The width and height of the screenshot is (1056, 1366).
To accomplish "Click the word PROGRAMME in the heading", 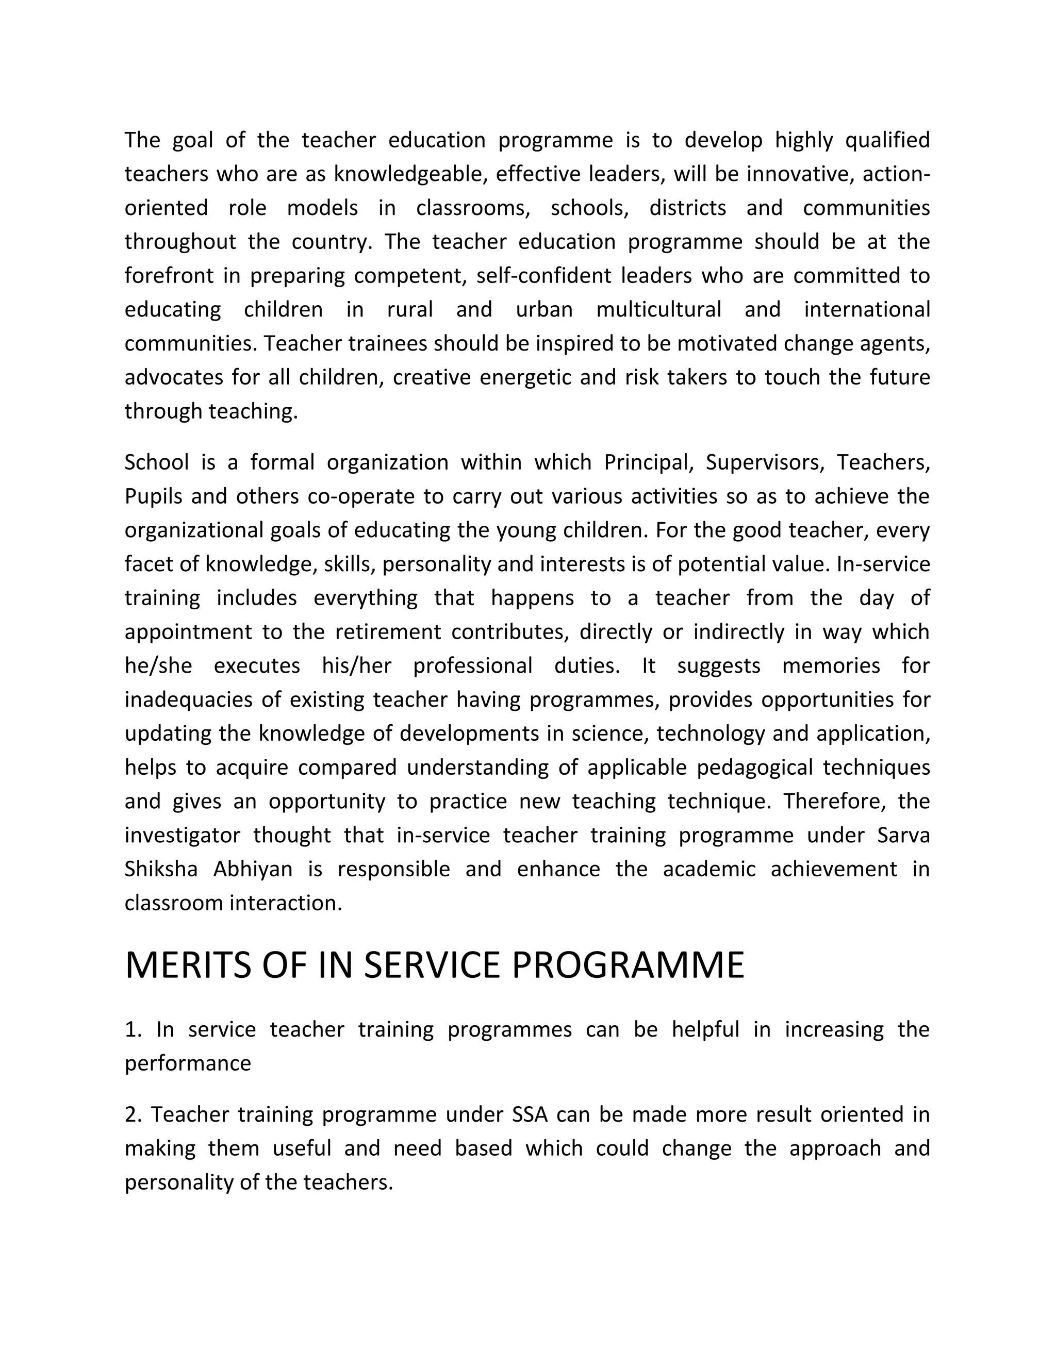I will [x=628, y=964].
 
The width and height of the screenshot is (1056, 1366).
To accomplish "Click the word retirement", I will [x=388, y=632].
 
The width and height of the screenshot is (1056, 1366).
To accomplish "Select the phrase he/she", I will [x=158, y=665].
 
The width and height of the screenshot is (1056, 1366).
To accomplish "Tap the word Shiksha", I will [x=161, y=869].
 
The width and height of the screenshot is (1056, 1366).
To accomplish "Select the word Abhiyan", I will [x=253, y=869].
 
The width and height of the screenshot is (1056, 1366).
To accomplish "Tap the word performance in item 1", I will [x=188, y=1063].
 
